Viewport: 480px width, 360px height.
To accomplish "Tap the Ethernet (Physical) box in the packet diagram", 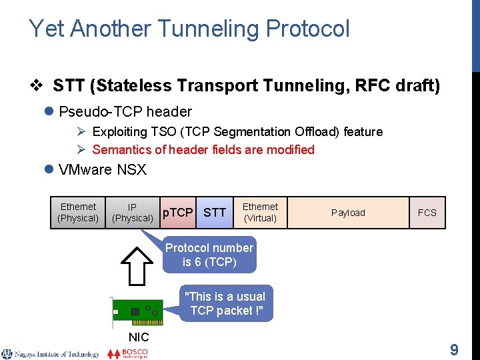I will pos(78,213).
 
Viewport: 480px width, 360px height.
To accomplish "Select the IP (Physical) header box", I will pos(132,213).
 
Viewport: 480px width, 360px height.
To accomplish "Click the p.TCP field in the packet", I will pos(178,213).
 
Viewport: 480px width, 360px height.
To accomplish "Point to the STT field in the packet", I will pos(214,213).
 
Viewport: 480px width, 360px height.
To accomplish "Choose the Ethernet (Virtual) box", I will pos(260,213).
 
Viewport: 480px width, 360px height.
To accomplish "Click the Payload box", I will pos(348,213).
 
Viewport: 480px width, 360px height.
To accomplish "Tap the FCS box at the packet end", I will pos(427,213).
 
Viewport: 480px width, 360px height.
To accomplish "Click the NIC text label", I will pos(138,337).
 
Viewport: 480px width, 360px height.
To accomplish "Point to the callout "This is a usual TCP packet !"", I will pos(225,303).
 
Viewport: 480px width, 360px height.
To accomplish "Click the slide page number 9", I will pos(454,350).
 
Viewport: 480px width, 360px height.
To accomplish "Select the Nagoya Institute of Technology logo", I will pos(51,354).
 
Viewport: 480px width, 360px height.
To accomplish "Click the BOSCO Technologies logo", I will pos(128,353).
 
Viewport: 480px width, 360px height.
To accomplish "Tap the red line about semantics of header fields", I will pos(203,149).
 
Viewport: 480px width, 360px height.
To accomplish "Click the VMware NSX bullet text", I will pos(103,169).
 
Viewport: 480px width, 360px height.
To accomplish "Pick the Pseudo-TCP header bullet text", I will pos(125,111).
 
